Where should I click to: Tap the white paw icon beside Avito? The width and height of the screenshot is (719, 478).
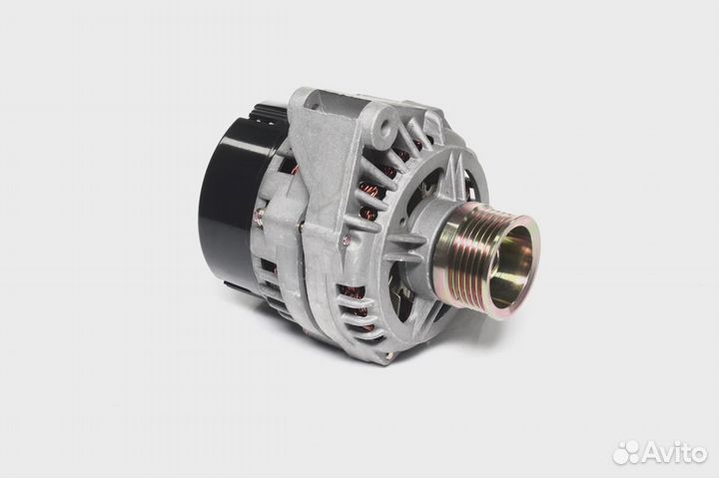pos(627,452)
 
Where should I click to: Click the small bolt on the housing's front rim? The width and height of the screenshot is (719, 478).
pos(347,238)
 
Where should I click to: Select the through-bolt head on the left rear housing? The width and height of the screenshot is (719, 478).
pos(260,214)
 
